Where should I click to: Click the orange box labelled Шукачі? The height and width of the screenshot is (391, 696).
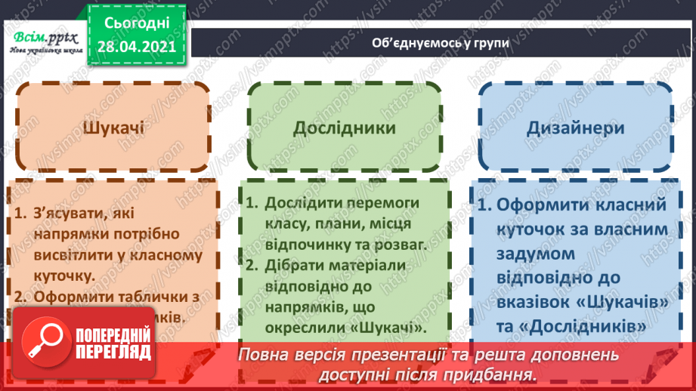coord(113,128)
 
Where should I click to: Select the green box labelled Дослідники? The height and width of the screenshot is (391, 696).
coord(345,128)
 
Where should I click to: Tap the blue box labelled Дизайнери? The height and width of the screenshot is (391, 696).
coord(576,128)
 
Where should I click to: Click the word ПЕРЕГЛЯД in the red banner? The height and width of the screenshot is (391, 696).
coord(113,353)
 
